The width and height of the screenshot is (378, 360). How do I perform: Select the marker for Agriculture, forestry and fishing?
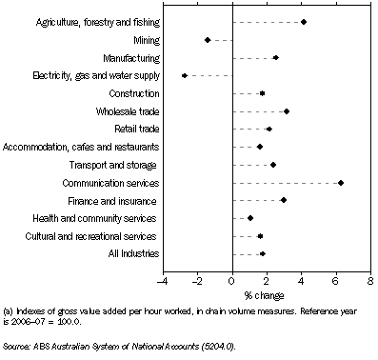tap(304, 22)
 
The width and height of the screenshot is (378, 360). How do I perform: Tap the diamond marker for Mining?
tap(208, 40)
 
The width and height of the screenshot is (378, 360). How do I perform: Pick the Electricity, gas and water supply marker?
tap(185, 75)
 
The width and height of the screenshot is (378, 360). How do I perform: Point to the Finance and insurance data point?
tap(284, 200)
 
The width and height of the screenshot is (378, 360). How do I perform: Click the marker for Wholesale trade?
tap(287, 111)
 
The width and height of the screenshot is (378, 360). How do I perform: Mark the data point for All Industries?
tap(263, 253)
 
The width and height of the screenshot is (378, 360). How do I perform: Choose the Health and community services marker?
tap(250, 218)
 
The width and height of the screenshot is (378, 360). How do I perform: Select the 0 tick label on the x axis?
tap(232, 282)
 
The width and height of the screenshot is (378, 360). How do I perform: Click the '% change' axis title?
tap(267, 294)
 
